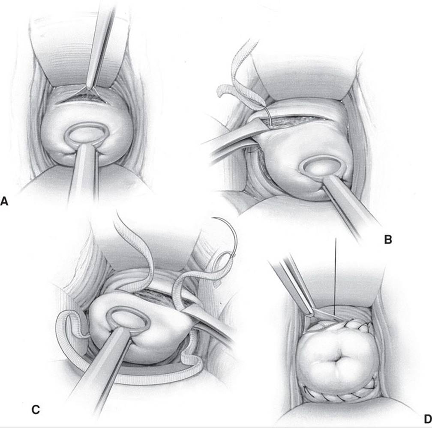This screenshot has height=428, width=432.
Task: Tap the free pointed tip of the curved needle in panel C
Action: pyautogui.click(x=212, y=219)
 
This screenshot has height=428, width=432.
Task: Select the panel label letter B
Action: pyautogui.click(x=387, y=240)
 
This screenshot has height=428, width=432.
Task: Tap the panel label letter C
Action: pyautogui.click(x=36, y=410)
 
